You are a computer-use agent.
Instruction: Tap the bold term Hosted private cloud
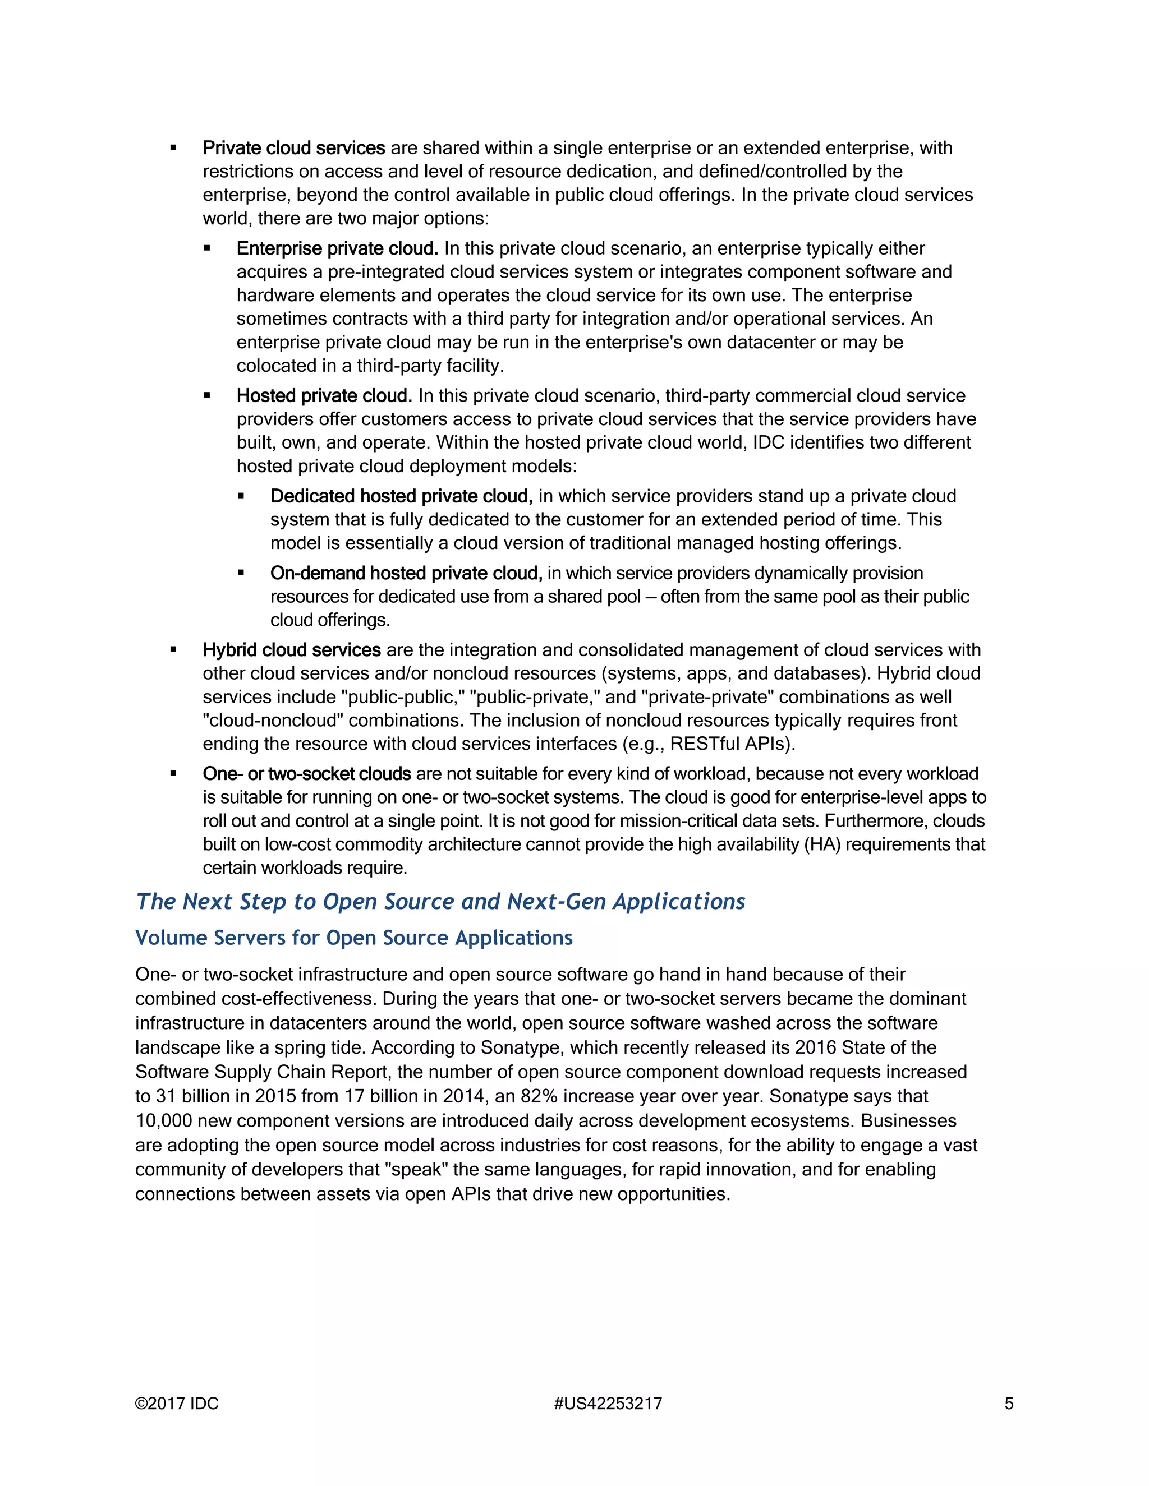(324, 395)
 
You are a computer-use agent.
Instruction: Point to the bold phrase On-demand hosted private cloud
(406, 573)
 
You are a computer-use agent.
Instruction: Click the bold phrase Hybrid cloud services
(291, 650)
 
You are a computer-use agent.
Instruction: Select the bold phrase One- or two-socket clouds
(306, 774)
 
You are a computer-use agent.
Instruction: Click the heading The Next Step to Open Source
(440, 901)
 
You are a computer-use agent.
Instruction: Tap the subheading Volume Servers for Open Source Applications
(353, 938)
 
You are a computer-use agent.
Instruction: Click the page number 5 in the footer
(1009, 1403)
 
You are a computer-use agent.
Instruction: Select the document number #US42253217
(608, 1403)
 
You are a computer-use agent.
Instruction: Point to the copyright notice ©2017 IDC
(177, 1403)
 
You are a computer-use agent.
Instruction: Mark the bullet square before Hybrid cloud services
(173, 650)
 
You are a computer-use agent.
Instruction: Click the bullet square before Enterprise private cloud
(207, 249)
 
